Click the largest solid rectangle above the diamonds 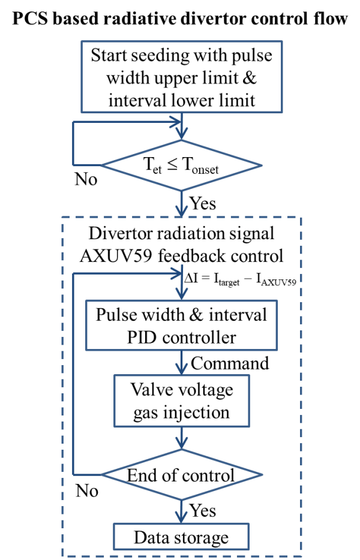181,77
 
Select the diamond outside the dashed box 181,165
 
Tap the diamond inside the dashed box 181,474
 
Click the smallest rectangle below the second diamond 181,537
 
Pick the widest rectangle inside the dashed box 181,325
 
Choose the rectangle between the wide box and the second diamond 181,401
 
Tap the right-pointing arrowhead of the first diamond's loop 175,122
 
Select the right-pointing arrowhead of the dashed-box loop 175,273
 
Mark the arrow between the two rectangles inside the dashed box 181,363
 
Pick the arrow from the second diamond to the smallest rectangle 181,511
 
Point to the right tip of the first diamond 262,165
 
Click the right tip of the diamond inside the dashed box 262,474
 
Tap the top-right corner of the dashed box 301,218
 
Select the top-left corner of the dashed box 62,218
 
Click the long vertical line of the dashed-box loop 73,372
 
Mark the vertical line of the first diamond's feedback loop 73,144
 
